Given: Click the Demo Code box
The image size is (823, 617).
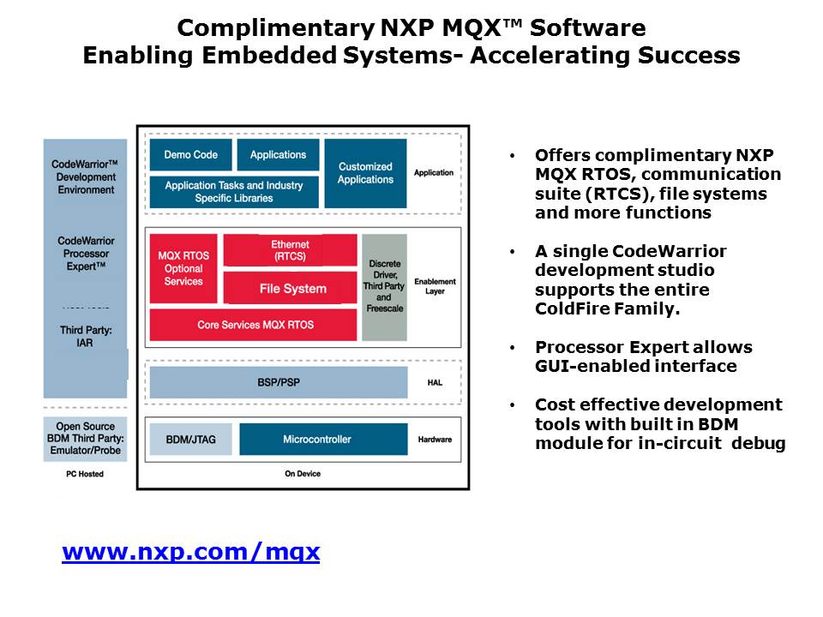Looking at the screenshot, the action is tap(190, 155).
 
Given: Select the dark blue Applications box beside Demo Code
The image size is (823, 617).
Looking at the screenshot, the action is tap(278, 155).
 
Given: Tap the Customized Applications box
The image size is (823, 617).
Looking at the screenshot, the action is tap(365, 173).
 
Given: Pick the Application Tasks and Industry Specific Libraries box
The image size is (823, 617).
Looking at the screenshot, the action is tap(234, 192).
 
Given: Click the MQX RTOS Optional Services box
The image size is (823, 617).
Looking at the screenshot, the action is tap(183, 268).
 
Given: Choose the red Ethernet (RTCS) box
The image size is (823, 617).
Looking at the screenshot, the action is tap(291, 250).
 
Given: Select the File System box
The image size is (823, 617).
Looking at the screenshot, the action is tap(291, 288).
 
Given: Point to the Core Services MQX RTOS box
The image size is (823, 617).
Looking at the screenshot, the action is tap(254, 325).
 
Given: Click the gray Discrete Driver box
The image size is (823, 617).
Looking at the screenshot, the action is tap(385, 288).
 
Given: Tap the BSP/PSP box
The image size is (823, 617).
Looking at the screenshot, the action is tap(279, 382).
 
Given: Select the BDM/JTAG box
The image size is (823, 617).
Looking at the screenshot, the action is tap(190, 439).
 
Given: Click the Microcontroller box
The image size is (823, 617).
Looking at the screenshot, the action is tap(323, 439).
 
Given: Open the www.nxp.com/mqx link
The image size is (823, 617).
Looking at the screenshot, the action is tap(191, 552).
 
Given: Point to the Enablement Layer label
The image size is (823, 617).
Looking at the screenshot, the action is tap(436, 286).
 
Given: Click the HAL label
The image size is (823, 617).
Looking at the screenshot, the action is tap(435, 382).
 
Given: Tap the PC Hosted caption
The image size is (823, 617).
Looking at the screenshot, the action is tap(85, 474).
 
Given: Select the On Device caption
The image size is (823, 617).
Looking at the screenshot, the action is tap(303, 473).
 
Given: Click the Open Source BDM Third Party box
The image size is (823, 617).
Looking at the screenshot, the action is tap(85, 439).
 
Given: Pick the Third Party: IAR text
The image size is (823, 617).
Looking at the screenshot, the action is tap(85, 336).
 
